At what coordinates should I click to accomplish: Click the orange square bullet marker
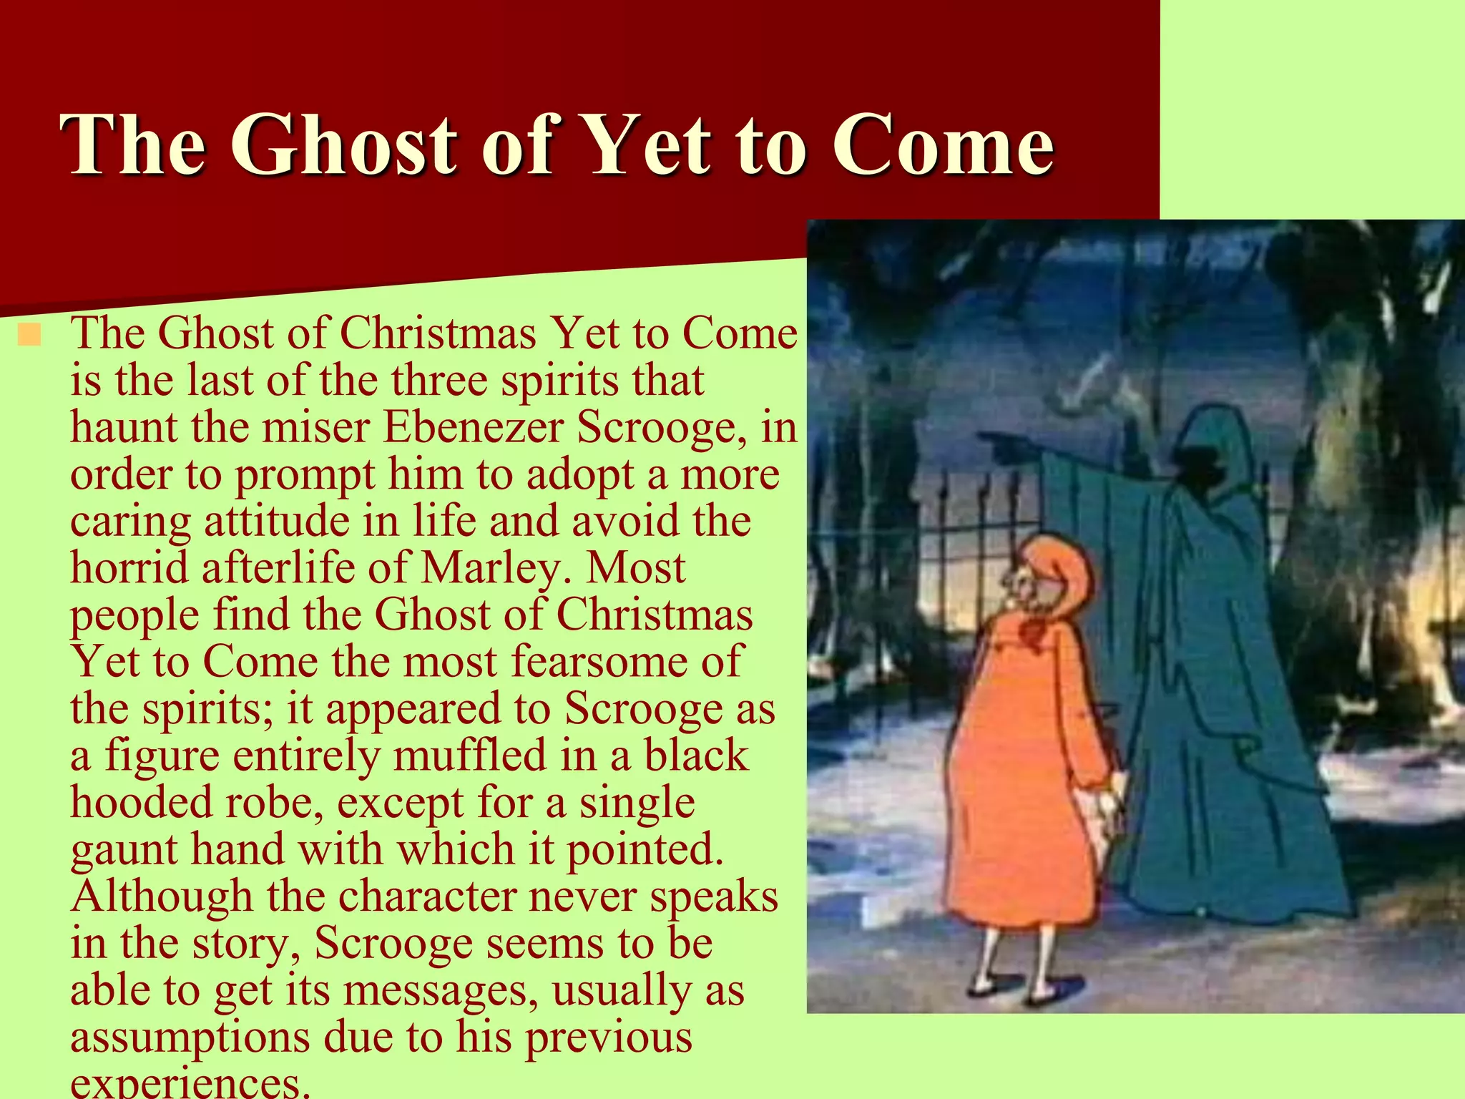[x=30, y=334]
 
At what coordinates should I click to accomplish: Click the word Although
[x=162, y=896]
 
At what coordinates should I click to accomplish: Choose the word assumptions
[x=190, y=1037]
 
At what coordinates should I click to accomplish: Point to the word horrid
[x=129, y=568]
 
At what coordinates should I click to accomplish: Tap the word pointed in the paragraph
[x=645, y=850]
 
